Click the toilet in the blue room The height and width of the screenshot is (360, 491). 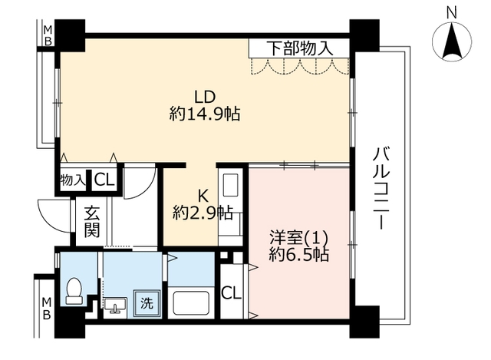click(74, 291)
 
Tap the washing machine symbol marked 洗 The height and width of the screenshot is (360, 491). click(147, 303)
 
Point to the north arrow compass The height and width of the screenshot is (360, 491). click(452, 41)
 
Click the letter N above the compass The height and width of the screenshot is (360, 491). click(452, 14)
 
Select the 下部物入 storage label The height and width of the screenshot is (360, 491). click(300, 48)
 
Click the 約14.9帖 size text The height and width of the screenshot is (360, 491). click(205, 114)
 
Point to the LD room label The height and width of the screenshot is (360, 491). click(205, 97)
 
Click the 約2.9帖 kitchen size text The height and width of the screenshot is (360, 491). click(203, 213)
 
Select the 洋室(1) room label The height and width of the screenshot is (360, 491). click(299, 238)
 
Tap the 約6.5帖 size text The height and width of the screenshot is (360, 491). click(299, 255)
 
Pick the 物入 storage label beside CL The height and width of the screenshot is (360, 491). click(73, 180)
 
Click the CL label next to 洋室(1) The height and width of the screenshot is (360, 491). click(232, 293)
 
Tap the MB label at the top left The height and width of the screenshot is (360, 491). click(48, 35)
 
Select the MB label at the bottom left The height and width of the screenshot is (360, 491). click(47, 309)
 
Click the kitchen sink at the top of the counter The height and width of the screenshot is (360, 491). click(230, 184)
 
